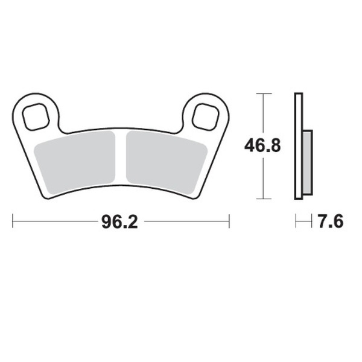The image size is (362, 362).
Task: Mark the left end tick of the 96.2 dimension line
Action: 13,221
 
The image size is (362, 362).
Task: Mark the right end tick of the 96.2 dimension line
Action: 229,221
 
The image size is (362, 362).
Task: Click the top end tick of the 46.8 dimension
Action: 261,94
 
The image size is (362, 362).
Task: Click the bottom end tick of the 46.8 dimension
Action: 261,198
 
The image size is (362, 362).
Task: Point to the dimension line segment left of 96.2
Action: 54,221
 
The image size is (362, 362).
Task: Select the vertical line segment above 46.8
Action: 261,115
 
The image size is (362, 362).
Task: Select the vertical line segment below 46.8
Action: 261,178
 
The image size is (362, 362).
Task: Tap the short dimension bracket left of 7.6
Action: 301,221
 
